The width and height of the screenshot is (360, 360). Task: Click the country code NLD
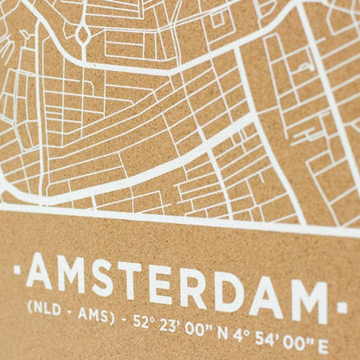click(43, 306)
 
